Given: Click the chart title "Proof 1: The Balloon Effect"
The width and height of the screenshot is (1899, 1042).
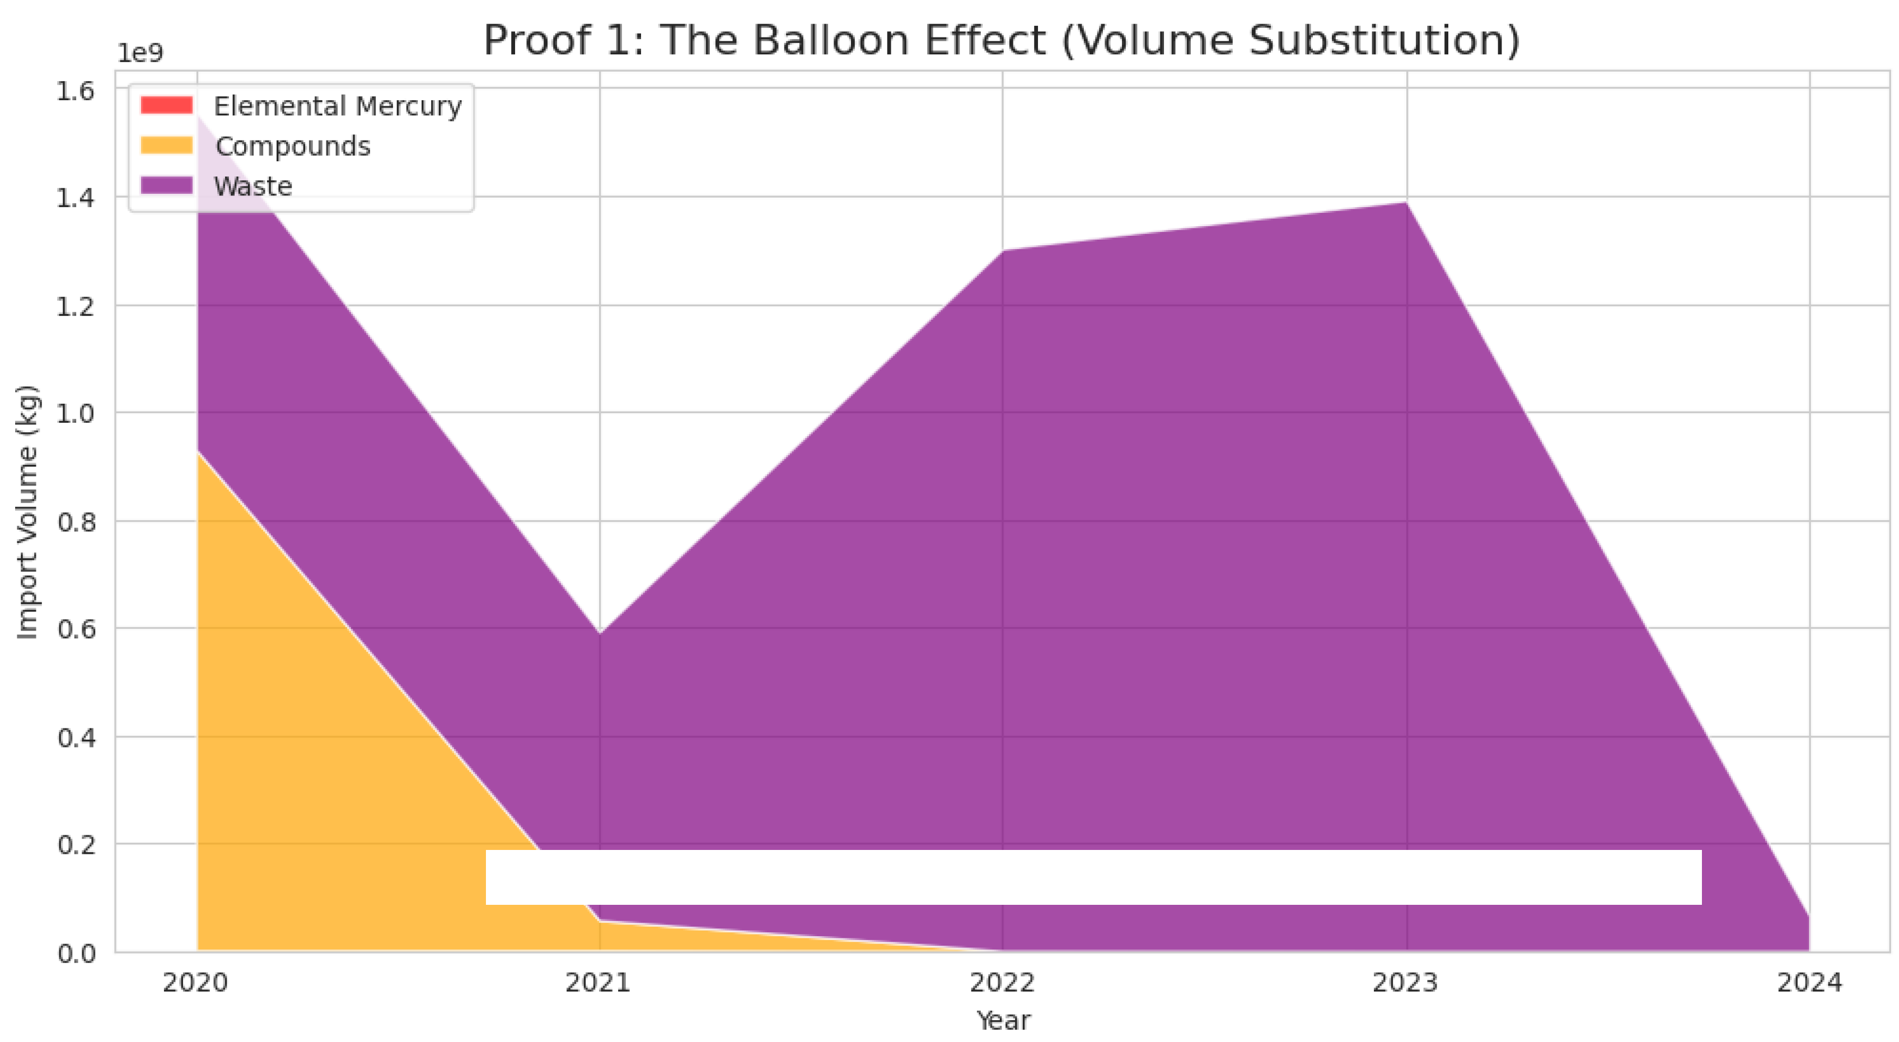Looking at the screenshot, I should tap(1001, 40).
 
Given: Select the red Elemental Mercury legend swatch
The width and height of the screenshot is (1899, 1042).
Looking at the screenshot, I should tap(167, 105).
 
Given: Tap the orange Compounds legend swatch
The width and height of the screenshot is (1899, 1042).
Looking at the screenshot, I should tap(167, 145).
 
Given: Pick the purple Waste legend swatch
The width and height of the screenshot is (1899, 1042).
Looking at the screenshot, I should tap(167, 185).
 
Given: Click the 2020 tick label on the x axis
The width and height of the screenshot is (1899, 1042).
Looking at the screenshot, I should tap(195, 983).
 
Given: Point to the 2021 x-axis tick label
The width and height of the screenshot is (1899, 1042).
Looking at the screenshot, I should tap(598, 983).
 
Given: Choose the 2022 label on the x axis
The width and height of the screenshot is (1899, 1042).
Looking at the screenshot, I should tap(1002, 983).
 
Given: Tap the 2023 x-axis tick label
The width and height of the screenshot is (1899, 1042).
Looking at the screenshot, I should tap(1405, 983).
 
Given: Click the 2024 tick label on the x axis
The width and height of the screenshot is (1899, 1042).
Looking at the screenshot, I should tap(1809, 983).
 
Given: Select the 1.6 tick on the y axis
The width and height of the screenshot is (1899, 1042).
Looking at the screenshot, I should tap(76, 91).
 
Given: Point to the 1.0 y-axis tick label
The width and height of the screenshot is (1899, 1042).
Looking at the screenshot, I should tap(76, 414).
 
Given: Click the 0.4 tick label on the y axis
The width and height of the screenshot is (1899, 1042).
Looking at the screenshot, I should tap(76, 737).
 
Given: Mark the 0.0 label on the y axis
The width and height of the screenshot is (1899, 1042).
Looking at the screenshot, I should tap(76, 954).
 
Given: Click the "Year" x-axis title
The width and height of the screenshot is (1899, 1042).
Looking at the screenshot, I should tap(1003, 1021).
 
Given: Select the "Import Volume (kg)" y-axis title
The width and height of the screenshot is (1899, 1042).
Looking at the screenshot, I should tap(27, 512).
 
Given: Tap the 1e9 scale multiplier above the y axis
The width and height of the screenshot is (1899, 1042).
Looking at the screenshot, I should tap(140, 53).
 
